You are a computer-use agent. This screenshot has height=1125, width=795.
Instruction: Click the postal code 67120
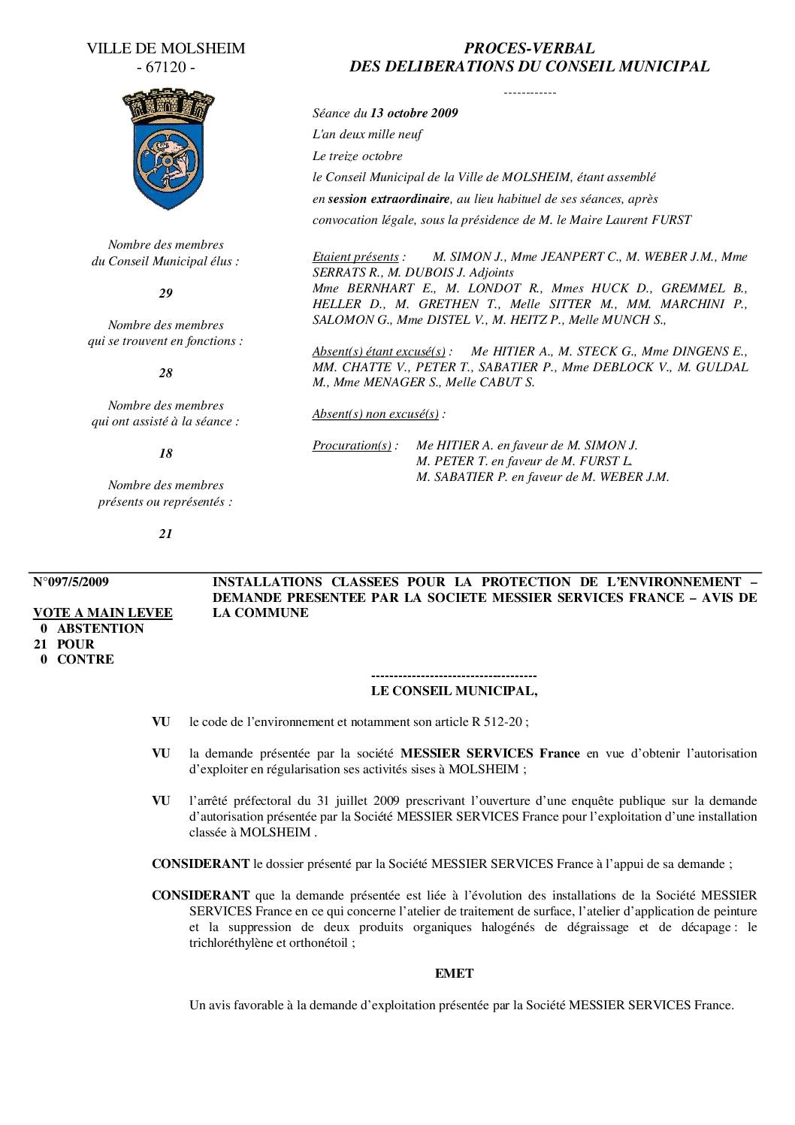166,68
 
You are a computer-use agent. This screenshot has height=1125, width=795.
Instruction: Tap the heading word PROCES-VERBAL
529,49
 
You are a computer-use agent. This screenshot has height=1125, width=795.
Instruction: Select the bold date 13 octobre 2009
414,113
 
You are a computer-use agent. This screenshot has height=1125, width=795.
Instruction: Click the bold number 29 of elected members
165,294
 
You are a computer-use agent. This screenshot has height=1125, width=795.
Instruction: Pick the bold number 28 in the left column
165,373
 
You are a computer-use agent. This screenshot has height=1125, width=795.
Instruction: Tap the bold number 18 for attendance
165,453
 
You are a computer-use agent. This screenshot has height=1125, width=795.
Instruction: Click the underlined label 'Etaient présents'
355,257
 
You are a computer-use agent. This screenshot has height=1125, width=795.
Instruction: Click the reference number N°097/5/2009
71,582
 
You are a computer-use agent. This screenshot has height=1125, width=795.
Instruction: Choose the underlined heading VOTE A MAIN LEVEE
103,613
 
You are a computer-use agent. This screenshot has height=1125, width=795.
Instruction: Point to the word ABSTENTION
100,629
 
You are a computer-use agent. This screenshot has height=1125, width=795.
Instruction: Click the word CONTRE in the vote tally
86,660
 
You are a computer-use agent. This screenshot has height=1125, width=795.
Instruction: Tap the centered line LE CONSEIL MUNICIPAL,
455,690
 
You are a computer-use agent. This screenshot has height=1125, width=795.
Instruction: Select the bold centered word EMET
454,973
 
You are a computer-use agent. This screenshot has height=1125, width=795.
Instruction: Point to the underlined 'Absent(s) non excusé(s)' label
375,414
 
